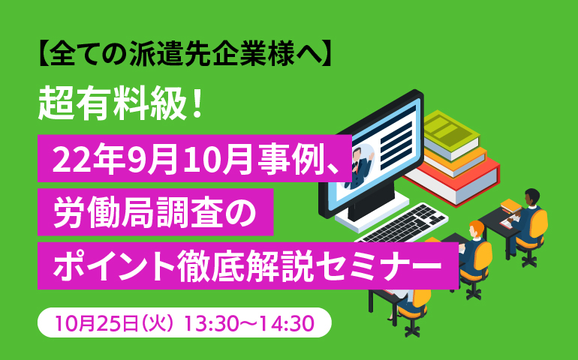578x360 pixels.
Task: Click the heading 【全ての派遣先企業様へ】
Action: (185, 54)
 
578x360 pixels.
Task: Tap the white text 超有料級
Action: (112, 104)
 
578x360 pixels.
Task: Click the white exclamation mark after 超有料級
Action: (197, 104)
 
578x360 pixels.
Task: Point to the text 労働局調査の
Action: (155, 212)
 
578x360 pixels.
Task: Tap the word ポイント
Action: (115, 265)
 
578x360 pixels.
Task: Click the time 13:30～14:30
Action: (248, 323)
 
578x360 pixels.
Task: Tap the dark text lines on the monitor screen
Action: (396, 142)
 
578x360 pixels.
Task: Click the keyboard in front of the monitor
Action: (402, 223)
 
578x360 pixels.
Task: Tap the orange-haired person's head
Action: (476, 229)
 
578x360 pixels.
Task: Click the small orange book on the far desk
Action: (510, 206)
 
